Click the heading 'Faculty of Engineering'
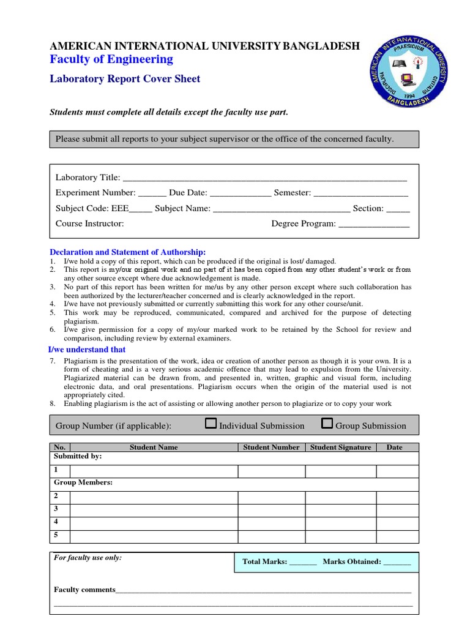click(111, 59)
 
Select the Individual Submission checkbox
click(211, 424)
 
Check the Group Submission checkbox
click(327, 424)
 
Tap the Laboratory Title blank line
click(264, 178)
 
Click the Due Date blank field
click(241, 193)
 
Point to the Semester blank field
click(360, 193)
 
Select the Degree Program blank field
click(374, 224)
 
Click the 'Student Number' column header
click(271, 448)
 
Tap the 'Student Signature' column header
click(341, 448)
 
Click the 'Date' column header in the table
click(395, 448)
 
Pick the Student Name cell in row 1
click(154, 471)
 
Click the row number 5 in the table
click(56, 535)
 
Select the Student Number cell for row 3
click(271, 509)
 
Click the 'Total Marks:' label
click(264, 561)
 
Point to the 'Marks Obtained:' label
click(352, 561)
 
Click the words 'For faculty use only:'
click(88, 558)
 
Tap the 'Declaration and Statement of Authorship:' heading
click(127, 252)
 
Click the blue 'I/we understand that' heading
click(87, 350)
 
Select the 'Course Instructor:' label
click(90, 224)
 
